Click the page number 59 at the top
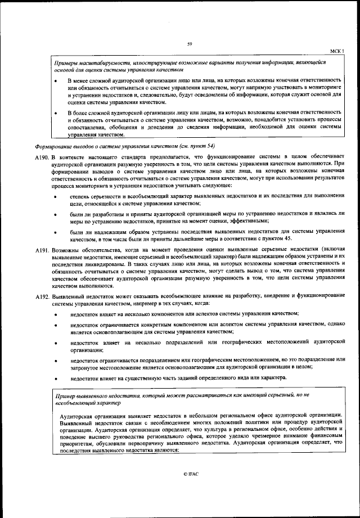pyautogui.click(x=190, y=44)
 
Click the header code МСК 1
pyautogui.click(x=337, y=51)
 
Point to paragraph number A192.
pyautogui.click(x=42, y=295)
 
